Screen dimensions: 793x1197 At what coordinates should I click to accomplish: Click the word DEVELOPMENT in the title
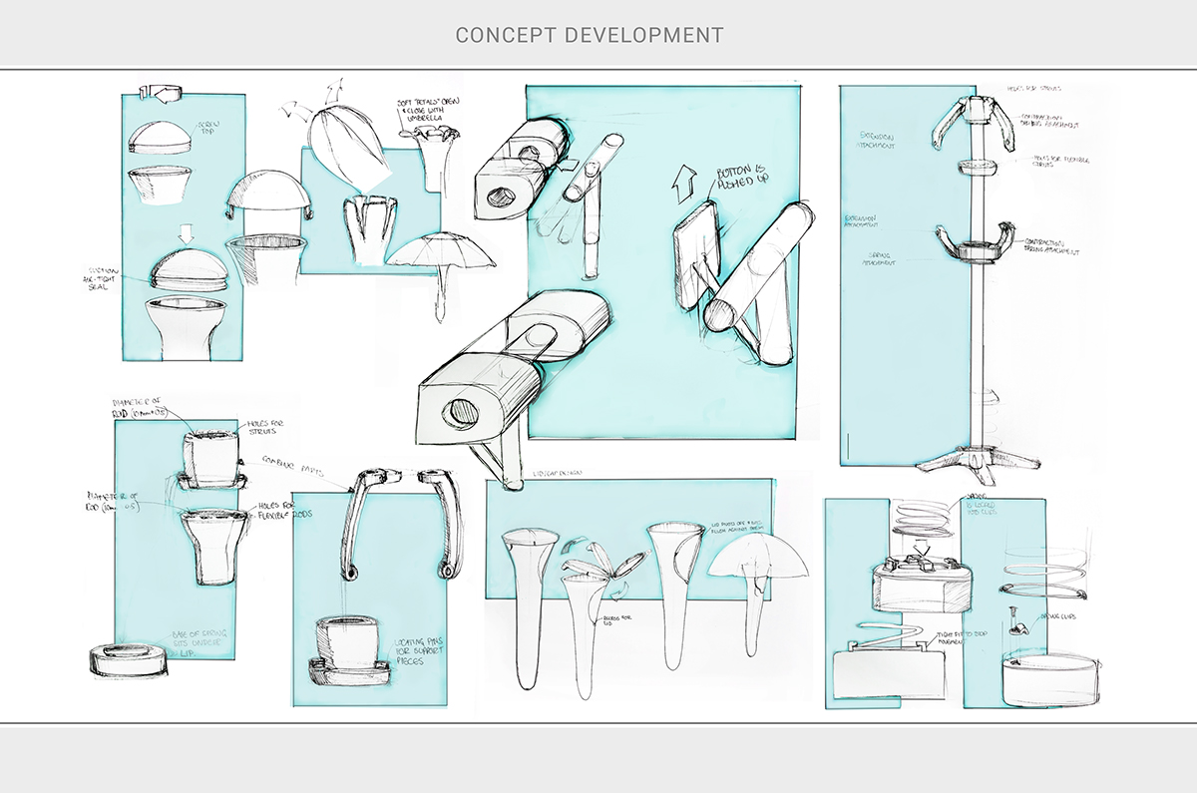pos(644,35)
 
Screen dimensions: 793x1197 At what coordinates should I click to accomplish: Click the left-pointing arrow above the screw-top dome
pos(161,93)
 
